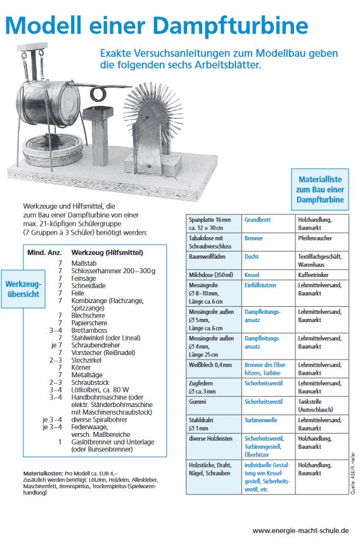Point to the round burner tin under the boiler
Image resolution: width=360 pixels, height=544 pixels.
[x=53, y=149]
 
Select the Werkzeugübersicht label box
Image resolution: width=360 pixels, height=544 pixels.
[x=23, y=289]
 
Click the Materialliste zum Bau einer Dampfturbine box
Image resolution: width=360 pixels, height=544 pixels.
[x=320, y=190]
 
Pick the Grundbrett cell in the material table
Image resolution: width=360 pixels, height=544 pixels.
[x=268, y=223]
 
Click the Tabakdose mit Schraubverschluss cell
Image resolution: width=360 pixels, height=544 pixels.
[x=214, y=242]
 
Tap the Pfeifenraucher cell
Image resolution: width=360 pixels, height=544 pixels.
[x=322, y=242]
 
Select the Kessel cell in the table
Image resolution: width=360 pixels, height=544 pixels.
[x=268, y=275]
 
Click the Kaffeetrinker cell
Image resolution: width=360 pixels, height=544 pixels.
[x=322, y=275]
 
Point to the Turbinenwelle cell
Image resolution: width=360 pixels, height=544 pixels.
[x=268, y=424]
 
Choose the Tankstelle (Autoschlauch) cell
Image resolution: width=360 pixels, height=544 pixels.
[x=322, y=406]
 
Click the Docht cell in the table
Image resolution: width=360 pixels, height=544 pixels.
[x=268, y=260]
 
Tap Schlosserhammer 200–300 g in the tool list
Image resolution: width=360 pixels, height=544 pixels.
[x=113, y=271]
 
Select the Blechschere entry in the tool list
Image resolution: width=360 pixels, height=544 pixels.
[x=88, y=315]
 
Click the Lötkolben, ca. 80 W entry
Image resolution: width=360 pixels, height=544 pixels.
[x=100, y=389]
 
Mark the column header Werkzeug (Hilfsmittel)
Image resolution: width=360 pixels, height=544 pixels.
[x=107, y=252]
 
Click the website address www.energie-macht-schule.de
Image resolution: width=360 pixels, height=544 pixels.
[x=300, y=531]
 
